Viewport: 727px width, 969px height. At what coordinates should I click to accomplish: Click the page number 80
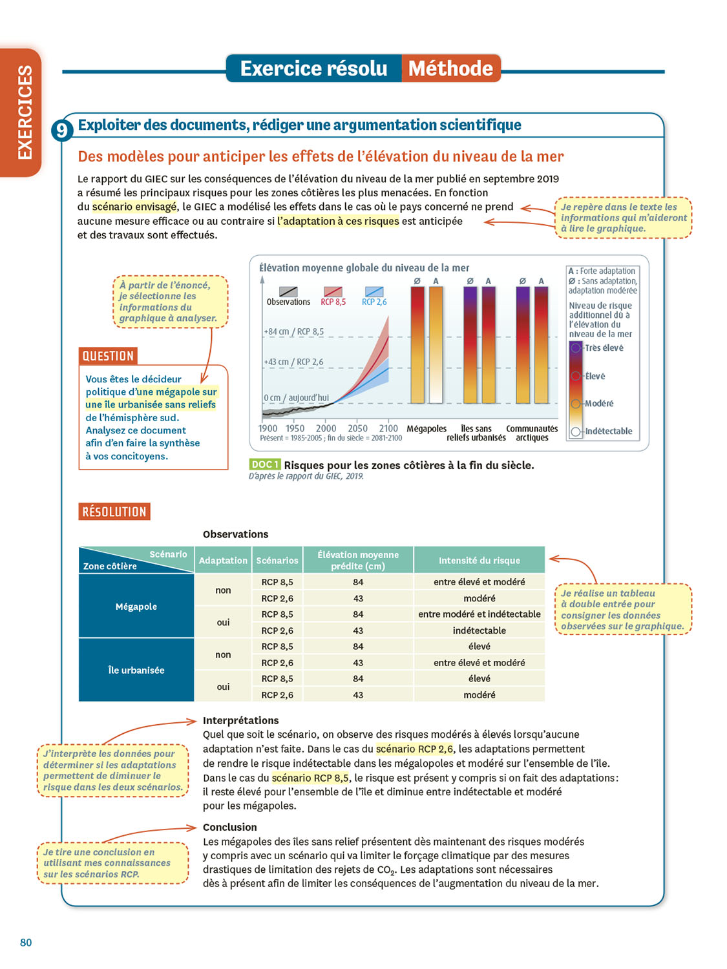click(x=26, y=943)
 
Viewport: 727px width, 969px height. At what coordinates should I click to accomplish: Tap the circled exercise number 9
click(x=61, y=130)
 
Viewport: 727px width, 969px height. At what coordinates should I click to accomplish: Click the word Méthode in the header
click(x=450, y=68)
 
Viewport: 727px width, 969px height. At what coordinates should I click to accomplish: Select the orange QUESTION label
click(x=108, y=356)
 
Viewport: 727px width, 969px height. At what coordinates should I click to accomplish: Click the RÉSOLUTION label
click(x=114, y=512)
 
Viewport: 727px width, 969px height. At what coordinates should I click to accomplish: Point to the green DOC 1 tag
click(x=264, y=464)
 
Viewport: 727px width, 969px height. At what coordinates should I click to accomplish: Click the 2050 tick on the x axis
click(x=357, y=428)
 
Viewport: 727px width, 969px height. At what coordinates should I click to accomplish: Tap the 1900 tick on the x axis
click(x=268, y=428)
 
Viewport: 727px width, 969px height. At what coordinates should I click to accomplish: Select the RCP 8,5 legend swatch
click(x=333, y=292)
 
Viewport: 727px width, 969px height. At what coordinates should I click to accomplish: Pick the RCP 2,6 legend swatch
click(x=374, y=292)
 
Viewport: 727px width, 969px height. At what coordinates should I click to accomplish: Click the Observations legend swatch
click(x=288, y=292)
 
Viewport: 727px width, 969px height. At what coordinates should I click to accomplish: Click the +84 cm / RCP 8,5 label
click(x=293, y=331)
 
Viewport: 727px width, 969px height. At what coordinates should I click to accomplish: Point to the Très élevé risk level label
click(x=604, y=348)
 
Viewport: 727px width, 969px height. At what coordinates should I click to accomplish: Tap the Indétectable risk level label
click(x=609, y=431)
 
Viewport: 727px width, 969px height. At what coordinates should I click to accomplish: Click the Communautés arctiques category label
click(x=532, y=433)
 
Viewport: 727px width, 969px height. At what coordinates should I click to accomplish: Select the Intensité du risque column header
click(x=479, y=560)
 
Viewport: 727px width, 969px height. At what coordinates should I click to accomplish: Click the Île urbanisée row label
click(x=136, y=670)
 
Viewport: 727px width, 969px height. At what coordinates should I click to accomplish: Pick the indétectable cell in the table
click(x=479, y=630)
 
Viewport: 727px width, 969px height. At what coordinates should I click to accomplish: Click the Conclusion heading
click(x=229, y=827)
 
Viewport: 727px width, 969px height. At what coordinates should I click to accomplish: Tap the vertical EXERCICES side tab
click(x=25, y=112)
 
